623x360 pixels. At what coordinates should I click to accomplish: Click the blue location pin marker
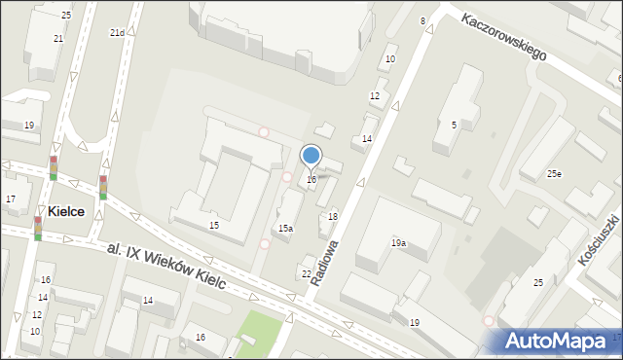[311, 157]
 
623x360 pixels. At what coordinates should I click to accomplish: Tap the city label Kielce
[62, 211]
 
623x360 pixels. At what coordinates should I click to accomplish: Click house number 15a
[285, 228]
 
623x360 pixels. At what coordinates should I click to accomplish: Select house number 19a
[398, 242]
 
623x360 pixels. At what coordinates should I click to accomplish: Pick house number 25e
[553, 174]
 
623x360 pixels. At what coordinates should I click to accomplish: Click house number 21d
[116, 32]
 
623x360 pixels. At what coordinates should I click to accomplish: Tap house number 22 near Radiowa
[307, 273]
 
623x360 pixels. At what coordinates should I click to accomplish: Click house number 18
[333, 216]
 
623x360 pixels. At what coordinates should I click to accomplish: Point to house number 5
[454, 125]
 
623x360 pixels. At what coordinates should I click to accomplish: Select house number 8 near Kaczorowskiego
[422, 20]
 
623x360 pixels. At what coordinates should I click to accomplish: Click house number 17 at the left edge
[11, 199]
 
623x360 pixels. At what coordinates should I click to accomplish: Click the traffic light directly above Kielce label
[54, 167]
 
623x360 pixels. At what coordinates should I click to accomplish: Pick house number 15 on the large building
[213, 225]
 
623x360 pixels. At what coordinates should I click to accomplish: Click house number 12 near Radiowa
[374, 95]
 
